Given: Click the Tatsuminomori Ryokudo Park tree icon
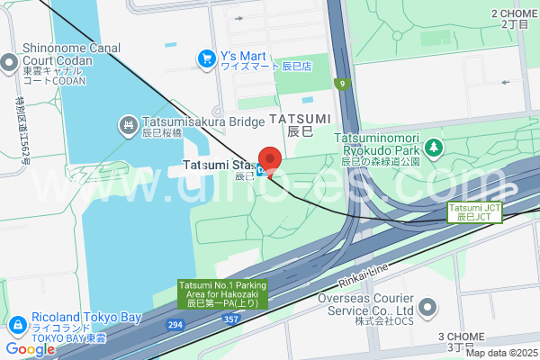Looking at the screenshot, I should pos(434,145).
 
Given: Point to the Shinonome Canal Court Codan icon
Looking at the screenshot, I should pos(9,63).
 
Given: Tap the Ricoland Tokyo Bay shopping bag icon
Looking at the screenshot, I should pos(18,323).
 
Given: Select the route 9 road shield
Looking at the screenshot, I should pos(342,85).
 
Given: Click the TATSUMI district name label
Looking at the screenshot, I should pos(300,119).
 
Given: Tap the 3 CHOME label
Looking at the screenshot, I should pos(461,337).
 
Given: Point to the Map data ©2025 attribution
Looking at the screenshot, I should pos(499,353).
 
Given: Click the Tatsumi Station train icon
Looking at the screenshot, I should pos(261,169).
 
